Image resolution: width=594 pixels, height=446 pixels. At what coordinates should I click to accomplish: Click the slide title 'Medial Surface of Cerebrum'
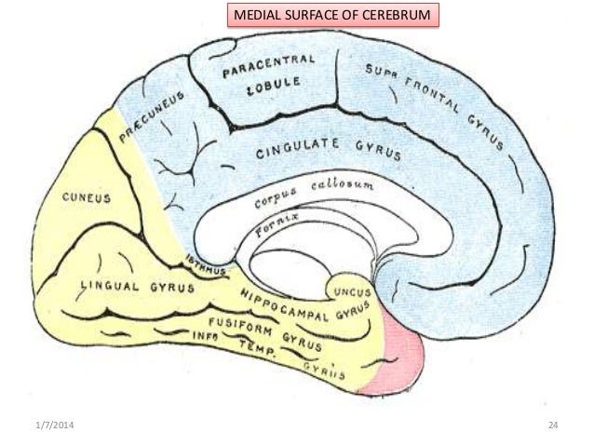(x=331, y=16)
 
